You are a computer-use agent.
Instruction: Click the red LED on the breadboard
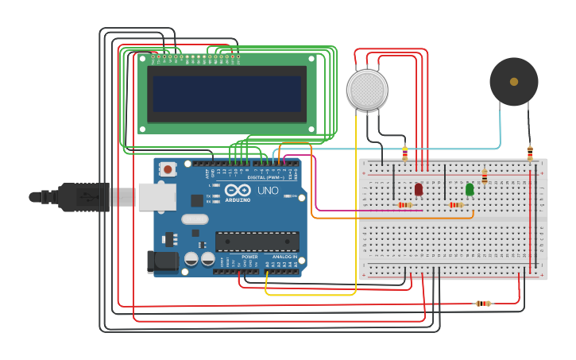coord(419,189)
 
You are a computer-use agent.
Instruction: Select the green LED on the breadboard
coord(470,189)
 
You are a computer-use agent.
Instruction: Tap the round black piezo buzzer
coord(513,81)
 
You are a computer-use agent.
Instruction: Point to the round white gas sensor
coord(367,89)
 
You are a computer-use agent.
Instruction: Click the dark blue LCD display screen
coord(227,94)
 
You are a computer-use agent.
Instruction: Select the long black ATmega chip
coord(257,241)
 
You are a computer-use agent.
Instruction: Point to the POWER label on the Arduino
coord(249,257)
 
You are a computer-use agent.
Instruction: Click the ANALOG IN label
coord(284,257)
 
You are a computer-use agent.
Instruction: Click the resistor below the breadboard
coord(483,304)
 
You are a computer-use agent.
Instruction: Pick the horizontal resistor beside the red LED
coord(404,205)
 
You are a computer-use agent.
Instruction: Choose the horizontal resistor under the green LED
coord(455,205)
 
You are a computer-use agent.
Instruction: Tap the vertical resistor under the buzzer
coord(530,152)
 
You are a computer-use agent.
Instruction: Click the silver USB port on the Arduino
coord(157,196)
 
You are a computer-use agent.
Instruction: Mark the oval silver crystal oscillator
coord(195,219)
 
